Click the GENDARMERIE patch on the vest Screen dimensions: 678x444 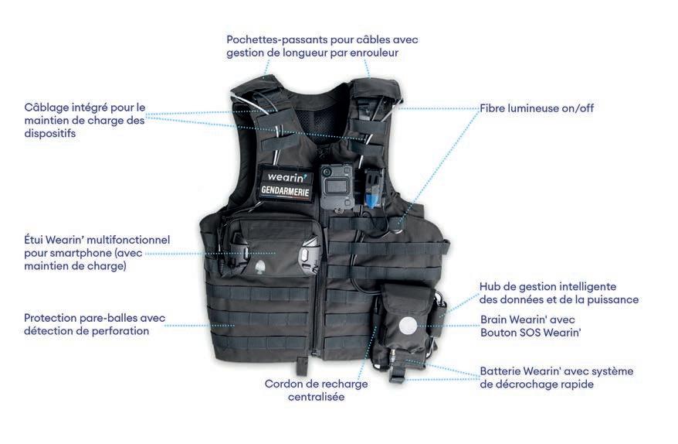(x=285, y=189)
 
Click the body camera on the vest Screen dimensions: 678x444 (x=337, y=186)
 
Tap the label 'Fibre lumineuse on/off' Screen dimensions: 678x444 (x=537, y=108)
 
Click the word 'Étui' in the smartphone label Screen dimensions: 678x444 (x=35, y=240)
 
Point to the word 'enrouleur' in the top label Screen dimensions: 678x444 (x=392, y=53)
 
